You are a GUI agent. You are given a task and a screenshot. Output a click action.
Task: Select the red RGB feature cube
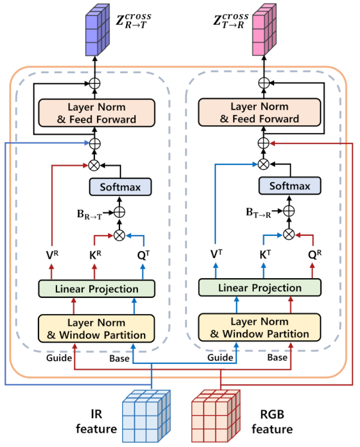coord(215,416)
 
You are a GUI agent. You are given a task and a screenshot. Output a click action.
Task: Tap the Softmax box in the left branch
coord(119,186)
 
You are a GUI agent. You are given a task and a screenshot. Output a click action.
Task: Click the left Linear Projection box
coord(97,289)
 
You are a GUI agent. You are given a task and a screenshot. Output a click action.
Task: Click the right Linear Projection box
coord(260,288)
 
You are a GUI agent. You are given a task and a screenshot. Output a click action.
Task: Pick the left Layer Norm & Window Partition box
coord(96,329)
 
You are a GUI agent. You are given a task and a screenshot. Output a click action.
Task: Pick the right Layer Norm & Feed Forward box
coord(260,112)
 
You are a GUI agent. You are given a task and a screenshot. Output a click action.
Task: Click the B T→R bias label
coord(258,212)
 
